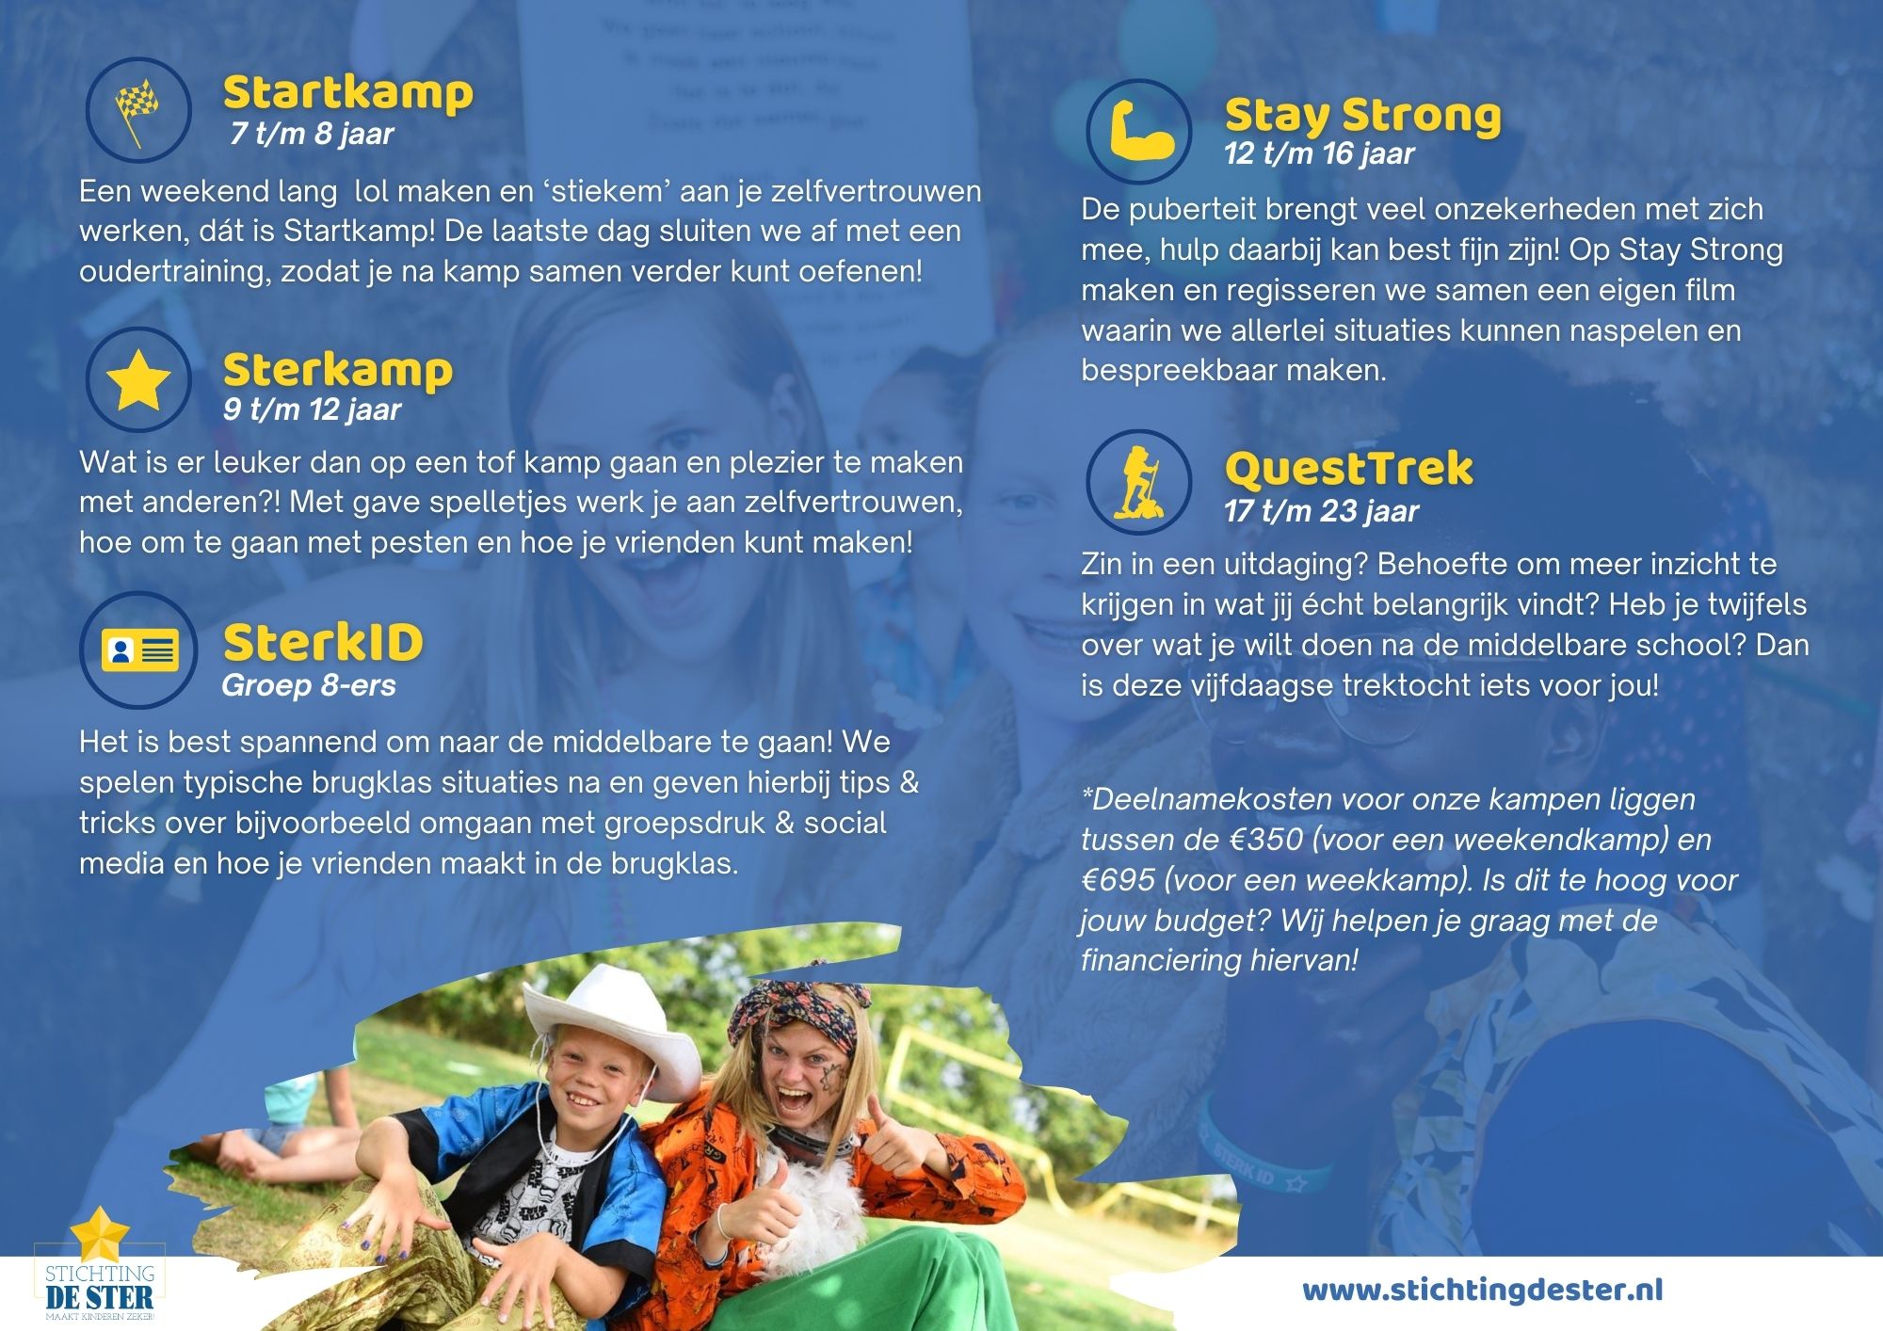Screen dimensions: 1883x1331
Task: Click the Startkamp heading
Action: [x=347, y=93]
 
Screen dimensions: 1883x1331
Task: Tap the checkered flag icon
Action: [x=137, y=111]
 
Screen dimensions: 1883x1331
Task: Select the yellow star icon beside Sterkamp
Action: [x=138, y=380]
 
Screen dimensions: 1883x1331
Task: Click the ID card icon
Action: [x=140, y=649]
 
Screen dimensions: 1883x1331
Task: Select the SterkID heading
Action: [x=323, y=643]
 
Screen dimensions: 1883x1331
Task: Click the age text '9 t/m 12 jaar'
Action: [x=312, y=409]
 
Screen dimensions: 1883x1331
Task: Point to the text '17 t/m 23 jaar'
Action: [x=1321, y=511]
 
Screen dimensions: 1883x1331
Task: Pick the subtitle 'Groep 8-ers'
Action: [x=309, y=685]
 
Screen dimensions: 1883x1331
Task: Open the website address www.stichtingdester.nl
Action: [x=1483, y=1290]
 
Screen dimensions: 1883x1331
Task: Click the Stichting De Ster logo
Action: [x=99, y=1266]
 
